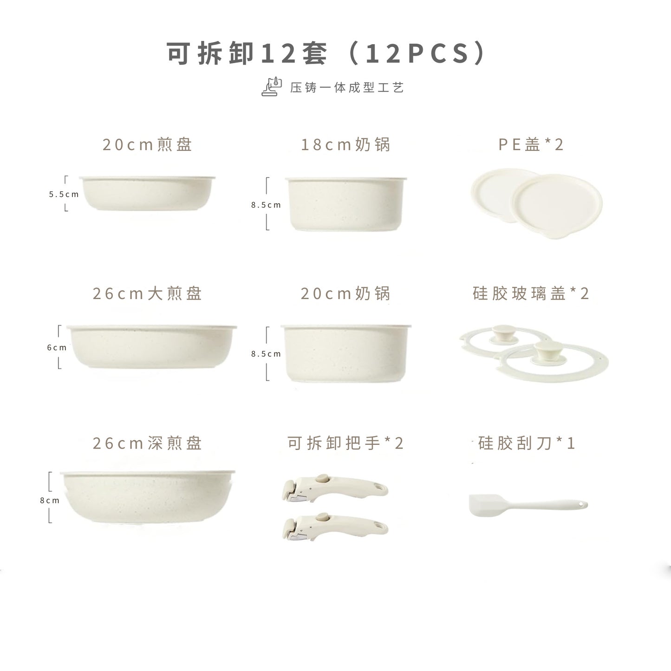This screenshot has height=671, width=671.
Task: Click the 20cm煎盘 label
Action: [x=147, y=144]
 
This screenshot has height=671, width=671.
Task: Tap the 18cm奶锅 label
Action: [x=345, y=144]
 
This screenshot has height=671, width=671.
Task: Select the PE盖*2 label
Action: [x=531, y=144]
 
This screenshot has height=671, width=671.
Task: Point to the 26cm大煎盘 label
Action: [x=147, y=293]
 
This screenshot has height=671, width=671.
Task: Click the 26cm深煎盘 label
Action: [x=147, y=443]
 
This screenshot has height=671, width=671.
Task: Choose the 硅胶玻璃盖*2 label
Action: [x=531, y=293]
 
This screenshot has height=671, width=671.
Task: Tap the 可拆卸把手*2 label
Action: [x=345, y=443]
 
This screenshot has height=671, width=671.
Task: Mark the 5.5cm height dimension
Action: [x=64, y=194]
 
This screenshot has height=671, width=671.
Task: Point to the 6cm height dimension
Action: [x=57, y=347]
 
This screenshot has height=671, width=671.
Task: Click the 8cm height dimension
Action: [x=50, y=500]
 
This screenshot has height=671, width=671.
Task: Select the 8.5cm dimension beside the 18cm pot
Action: [x=266, y=205]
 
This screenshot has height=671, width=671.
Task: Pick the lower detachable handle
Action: [x=334, y=527]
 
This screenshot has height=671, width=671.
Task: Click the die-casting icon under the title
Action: [x=272, y=87]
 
